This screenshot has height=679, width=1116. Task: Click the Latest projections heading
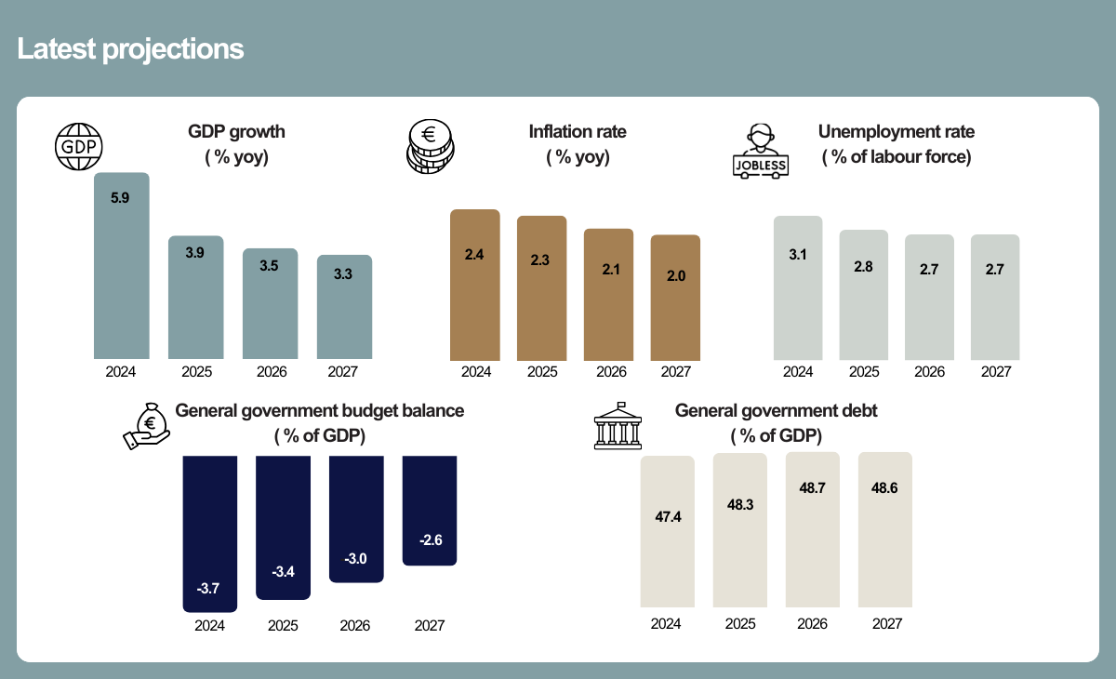pyautogui.click(x=130, y=49)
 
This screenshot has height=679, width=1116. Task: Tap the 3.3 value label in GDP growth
pyautogui.click(x=343, y=274)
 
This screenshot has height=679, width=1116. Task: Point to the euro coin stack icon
pyautogui.click(x=429, y=147)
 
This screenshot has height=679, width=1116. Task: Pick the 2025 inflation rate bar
pyautogui.click(x=541, y=288)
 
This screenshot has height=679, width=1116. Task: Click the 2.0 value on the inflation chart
pyautogui.click(x=675, y=275)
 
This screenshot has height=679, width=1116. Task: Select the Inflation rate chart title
pyautogui.click(x=577, y=132)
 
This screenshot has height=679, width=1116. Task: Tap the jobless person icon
pyautogui.click(x=760, y=149)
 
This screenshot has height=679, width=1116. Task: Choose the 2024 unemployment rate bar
pyautogui.click(x=798, y=288)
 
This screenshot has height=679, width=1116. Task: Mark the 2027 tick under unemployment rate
pyautogui.click(x=995, y=372)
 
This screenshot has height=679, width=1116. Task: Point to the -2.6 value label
pyautogui.click(x=430, y=540)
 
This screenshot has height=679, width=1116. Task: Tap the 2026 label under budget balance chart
pyautogui.click(x=355, y=626)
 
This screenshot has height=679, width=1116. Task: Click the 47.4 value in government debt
pyautogui.click(x=668, y=517)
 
